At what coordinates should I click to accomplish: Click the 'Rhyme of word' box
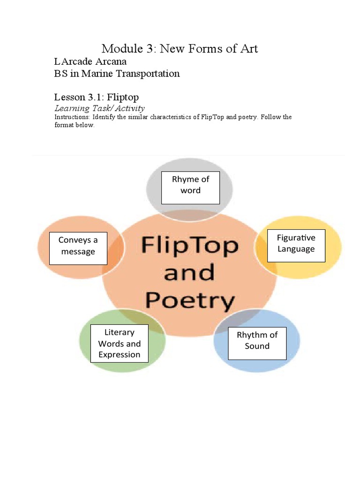[x=190, y=187]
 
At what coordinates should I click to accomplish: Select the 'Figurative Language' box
[x=296, y=246]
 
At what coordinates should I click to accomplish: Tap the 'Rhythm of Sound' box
[x=257, y=343]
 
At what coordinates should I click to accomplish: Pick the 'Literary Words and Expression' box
[x=119, y=344]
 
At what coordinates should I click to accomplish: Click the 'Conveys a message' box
[x=78, y=248]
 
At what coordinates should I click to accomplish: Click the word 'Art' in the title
[x=248, y=48]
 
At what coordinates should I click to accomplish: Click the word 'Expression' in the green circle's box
[x=119, y=355]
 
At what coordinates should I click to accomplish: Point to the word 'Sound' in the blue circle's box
[x=257, y=346]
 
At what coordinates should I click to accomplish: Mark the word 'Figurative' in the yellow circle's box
[x=296, y=238]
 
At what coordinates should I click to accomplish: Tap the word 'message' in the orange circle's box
[x=78, y=252]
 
